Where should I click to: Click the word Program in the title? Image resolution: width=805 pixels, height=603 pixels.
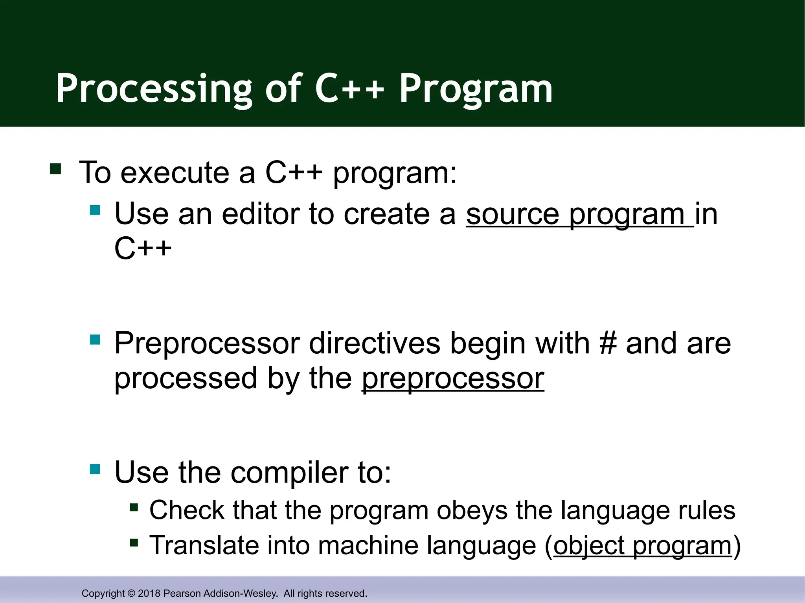pyautogui.click(x=476, y=90)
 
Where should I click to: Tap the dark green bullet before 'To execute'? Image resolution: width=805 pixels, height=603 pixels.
pyautogui.click(x=55, y=169)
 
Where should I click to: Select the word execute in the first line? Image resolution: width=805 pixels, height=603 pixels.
pyautogui.click(x=175, y=173)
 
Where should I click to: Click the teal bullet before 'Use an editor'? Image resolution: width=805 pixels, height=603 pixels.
pyautogui.click(x=95, y=210)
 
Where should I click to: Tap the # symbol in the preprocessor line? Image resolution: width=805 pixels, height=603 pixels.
pyautogui.click(x=608, y=344)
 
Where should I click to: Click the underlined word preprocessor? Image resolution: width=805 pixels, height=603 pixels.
pyautogui.click(x=453, y=379)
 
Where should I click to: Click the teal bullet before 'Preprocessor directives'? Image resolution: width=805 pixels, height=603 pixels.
pyautogui.click(x=95, y=339)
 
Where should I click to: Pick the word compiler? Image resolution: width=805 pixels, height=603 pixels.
pyautogui.click(x=289, y=473)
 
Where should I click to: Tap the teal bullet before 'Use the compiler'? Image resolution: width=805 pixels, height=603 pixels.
pyautogui.click(x=95, y=469)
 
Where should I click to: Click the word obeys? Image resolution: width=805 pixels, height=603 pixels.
pyautogui.click(x=472, y=511)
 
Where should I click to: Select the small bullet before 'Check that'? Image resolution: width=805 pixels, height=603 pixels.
pyautogui.click(x=134, y=508)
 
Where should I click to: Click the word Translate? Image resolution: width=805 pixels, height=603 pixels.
pyautogui.click(x=204, y=545)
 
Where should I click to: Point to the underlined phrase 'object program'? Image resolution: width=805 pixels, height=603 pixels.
pyautogui.click(x=643, y=546)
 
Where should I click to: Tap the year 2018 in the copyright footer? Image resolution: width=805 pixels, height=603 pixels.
pyautogui.click(x=149, y=593)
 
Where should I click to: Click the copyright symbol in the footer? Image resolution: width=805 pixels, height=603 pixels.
pyautogui.click(x=131, y=593)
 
